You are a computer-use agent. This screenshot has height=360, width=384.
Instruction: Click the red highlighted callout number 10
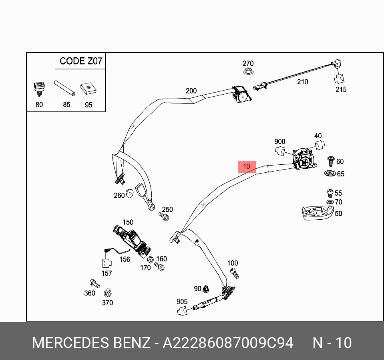(247, 166)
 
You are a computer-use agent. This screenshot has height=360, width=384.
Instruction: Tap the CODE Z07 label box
(80, 61)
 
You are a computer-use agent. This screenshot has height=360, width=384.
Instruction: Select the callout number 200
(191, 91)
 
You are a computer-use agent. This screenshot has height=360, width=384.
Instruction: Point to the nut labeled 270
(248, 72)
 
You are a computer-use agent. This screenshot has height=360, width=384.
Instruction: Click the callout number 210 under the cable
(302, 82)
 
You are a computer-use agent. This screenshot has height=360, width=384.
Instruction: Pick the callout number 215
(341, 90)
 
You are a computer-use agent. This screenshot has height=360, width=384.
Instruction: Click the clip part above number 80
(39, 88)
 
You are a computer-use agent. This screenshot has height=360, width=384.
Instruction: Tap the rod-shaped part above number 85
(65, 88)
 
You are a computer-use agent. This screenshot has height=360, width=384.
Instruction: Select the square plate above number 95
(88, 89)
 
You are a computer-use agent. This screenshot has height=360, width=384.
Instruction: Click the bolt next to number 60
(331, 161)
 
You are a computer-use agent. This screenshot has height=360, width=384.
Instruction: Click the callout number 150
(128, 222)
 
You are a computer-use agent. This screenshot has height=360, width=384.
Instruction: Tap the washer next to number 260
(130, 194)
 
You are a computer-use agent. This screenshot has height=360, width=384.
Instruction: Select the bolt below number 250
(164, 217)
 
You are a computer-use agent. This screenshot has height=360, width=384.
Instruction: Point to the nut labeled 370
(107, 293)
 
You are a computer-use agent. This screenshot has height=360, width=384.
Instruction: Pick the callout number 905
(182, 302)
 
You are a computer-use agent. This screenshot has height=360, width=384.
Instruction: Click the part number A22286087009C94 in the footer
(228, 343)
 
